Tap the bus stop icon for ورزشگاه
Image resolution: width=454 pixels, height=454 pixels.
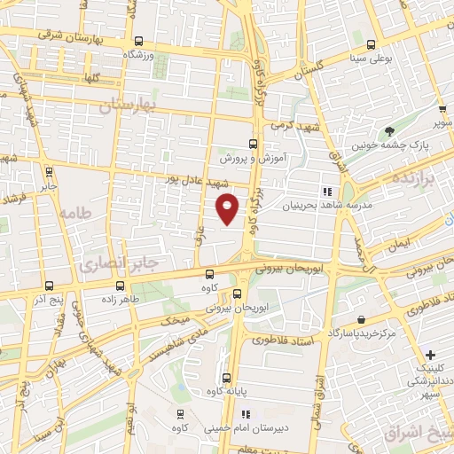tap(137, 40)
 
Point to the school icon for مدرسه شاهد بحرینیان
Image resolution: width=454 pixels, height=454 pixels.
tap(327, 191)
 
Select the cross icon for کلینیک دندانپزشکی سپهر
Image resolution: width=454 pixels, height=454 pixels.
tap(430, 355)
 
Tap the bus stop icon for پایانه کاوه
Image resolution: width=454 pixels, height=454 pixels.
tap(227, 376)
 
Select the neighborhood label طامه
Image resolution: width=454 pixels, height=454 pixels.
tap(76, 213)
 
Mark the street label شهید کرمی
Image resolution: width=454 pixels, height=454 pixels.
tap(292, 126)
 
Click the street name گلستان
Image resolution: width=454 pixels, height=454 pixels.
tap(303, 67)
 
